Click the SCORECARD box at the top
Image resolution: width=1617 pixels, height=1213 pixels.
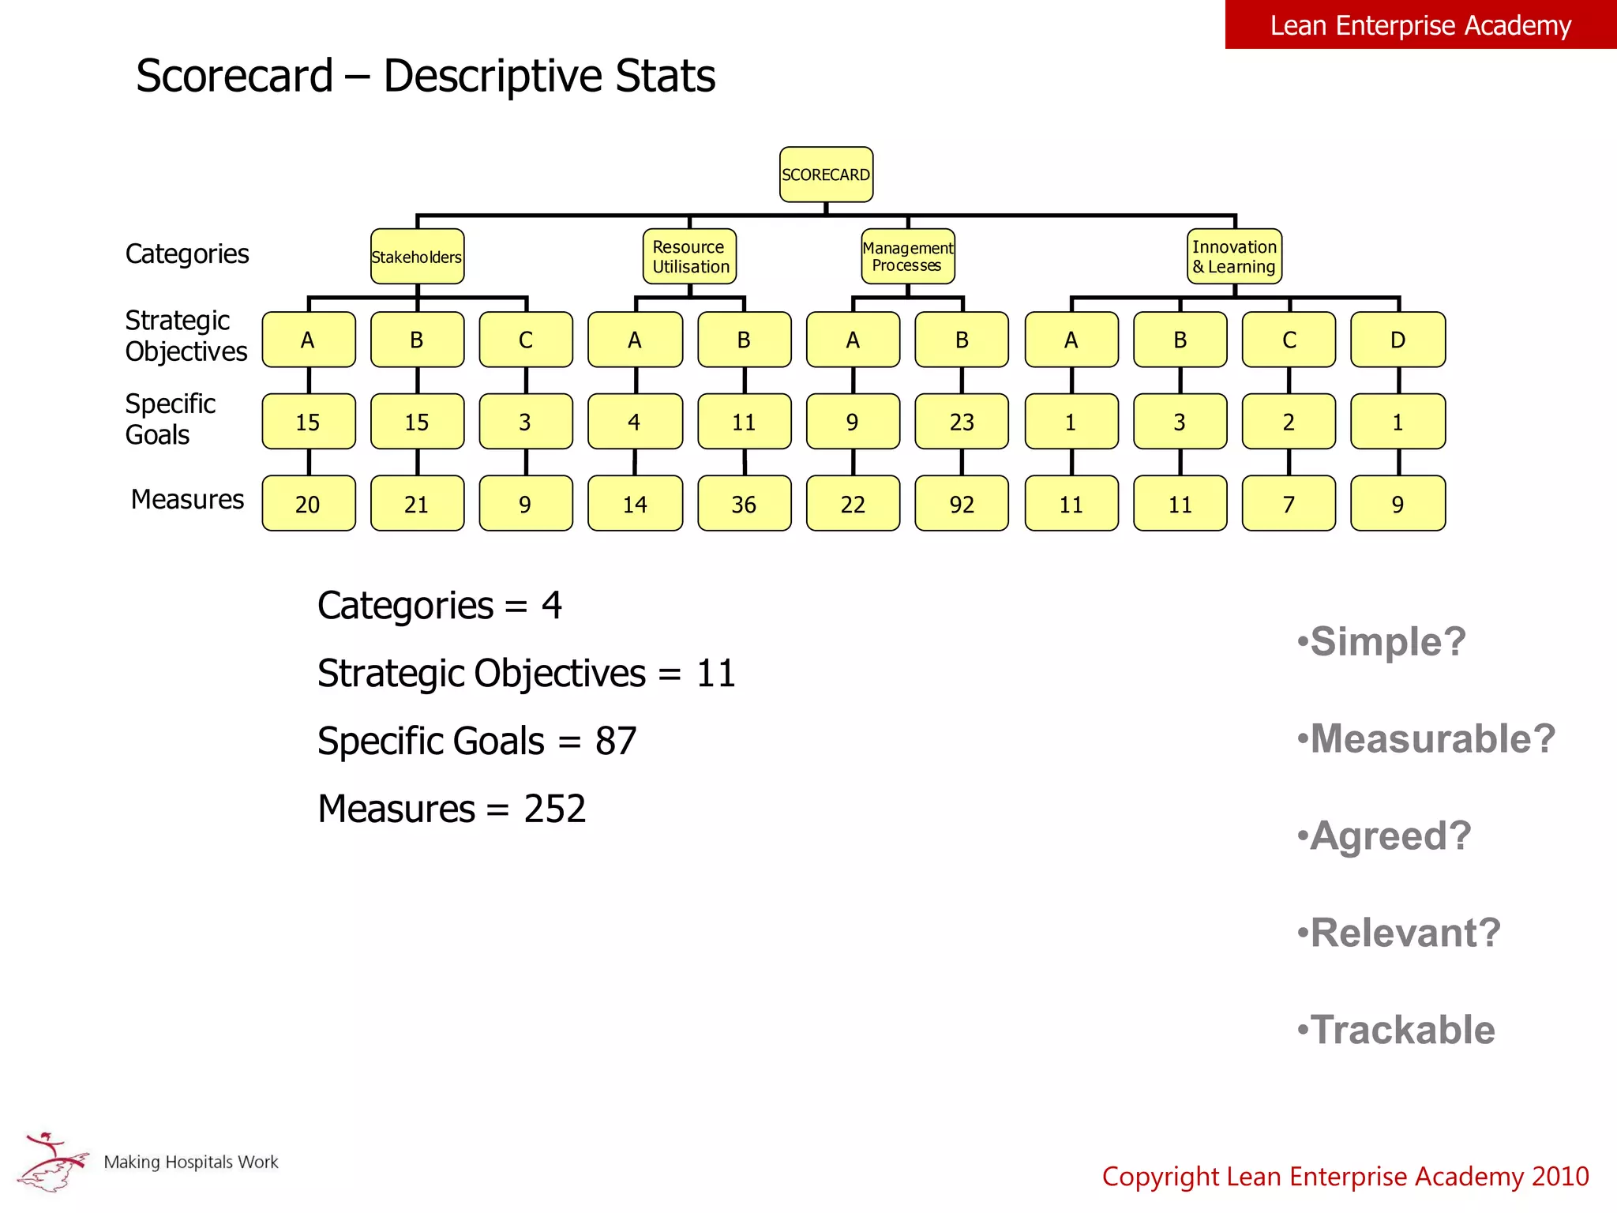[x=826, y=175]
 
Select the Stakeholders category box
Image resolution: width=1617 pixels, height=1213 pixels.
[x=417, y=257]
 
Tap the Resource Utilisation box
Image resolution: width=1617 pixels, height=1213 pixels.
[x=689, y=257]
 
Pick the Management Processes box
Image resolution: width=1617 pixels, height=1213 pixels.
[x=908, y=257]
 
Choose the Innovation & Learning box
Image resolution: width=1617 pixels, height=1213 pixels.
[x=1234, y=257]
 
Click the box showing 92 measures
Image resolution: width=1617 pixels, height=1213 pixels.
[x=962, y=504]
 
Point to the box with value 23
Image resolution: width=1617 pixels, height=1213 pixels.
[x=962, y=422]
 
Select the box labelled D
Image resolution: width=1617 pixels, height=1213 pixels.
[x=1398, y=340]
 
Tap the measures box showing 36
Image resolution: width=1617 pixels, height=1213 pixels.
[x=744, y=504]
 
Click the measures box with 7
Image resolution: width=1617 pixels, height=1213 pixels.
[x=1289, y=504]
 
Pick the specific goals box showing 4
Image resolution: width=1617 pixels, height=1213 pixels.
[x=635, y=422]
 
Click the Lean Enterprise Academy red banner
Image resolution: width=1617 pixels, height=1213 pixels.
[x=1420, y=25]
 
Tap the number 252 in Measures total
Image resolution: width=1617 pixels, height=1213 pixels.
[x=555, y=809]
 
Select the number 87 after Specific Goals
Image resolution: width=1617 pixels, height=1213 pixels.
[x=616, y=742]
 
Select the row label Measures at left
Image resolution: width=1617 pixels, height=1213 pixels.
[x=187, y=500]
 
